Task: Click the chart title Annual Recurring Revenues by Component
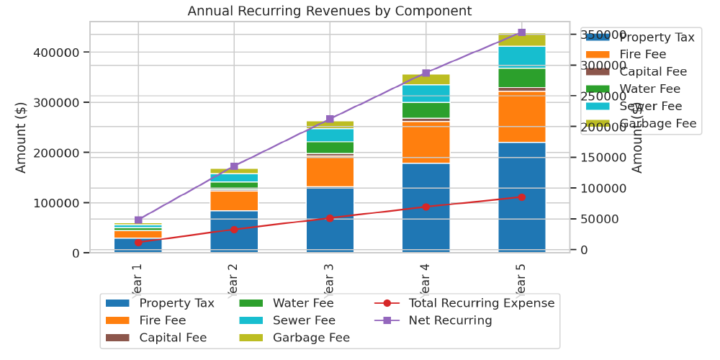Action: [x=330, y=11]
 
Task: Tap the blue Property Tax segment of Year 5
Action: [x=521, y=197]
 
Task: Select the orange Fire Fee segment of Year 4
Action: [x=426, y=142]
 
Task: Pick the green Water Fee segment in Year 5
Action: [x=521, y=78]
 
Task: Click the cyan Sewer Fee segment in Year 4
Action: [x=426, y=94]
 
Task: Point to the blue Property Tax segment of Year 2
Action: [x=234, y=230]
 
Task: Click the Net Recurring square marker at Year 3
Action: [x=330, y=119]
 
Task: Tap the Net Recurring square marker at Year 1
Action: [x=138, y=220]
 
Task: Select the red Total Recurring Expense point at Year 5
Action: [x=521, y=197]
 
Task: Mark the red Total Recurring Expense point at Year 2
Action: [x=234, y=230]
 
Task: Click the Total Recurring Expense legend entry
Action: [x=464, y=303]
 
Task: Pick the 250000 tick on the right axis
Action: [x=603, y=96]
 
